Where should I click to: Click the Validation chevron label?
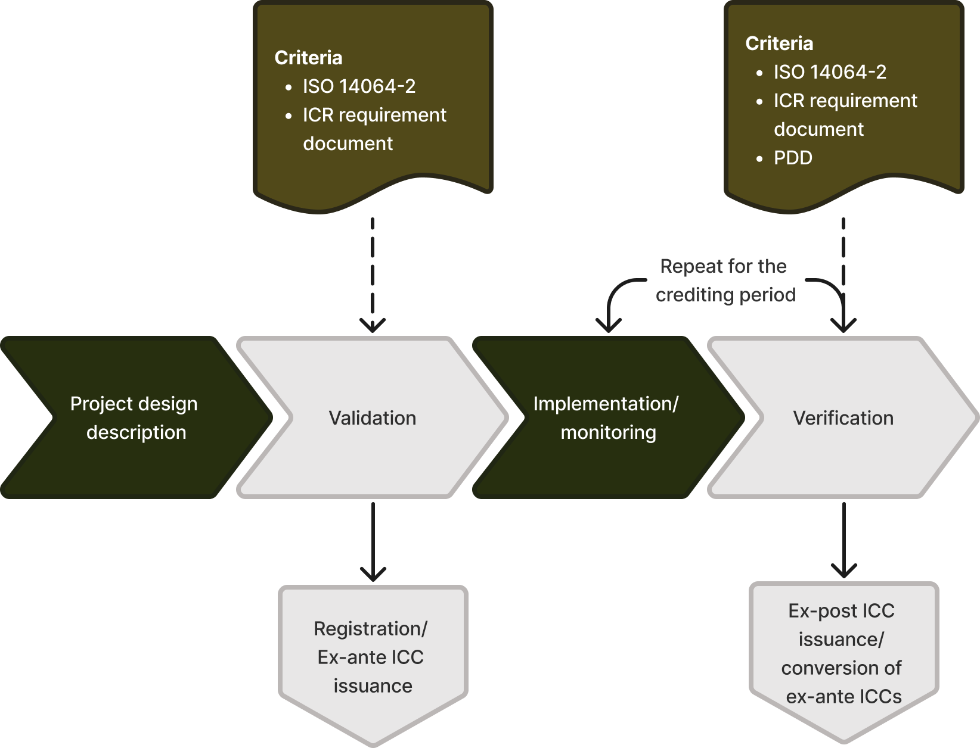pyautogui.click(x=373, y=418)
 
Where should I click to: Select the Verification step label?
pyautogui.click(x=843, y=418)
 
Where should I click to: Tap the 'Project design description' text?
pyautogui.click(x=134, y=418)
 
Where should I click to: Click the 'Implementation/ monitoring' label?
pyautogui.click(x=606, y=418)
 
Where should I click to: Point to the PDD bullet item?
pyautogui.click(x=793, y=158)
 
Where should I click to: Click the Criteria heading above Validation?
pyautogui.click(x=308, y=58)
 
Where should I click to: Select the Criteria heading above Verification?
pyautogui.click(x=779, y=43)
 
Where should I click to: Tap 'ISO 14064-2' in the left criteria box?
pyautogui.click(x=359, y=86)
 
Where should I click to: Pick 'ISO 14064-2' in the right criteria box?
pyautogui.click(x=830, y=72)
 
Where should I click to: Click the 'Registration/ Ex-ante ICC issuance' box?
pyautogui.click(x=373, y=657)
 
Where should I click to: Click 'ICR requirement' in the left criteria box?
pyautogui.click(x=374, y=115)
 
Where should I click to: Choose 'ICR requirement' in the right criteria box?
pyautogui.click(x=845, y=101)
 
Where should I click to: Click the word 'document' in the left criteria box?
pyautogui.click(x=348, y=144)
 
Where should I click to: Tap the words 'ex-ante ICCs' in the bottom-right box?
pyautogui.click(x=843, y=696)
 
